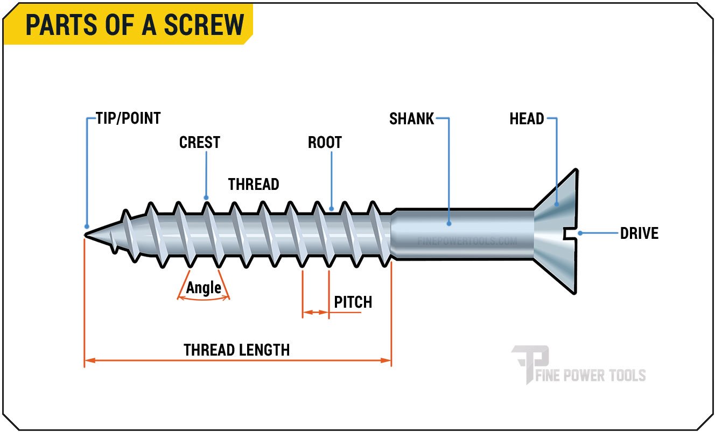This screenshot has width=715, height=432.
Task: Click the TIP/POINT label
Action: pyautogui.click(x=128, y=118)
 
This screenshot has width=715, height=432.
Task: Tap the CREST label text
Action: pyautogui.click(x=200, y=143)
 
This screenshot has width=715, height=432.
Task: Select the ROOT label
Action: pyautogui.click(x=325, y=143)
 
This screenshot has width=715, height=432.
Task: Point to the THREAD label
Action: pyautogui.click(x=254, y=185)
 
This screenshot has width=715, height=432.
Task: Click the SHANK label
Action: pyautogui.click(x=411, y=119)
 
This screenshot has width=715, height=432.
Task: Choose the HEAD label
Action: pyautogui.click(x=527, y=119)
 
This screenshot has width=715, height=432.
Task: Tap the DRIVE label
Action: pyautogui.click(x=639, y=233)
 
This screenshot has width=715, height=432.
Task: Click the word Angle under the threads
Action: pyautogui.click(x=204, y=288)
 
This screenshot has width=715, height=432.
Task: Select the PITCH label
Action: pyautogui.click(x=353, y=302)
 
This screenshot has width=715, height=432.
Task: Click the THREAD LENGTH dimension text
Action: pyautogui.click(x=237, y=350)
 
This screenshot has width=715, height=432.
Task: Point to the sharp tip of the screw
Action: pyautogui.click(x=86, y=233)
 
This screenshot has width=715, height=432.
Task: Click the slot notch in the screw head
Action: pyautogui.click(x=569, y=233)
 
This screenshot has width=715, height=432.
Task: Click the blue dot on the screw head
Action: pyautogui.click(x=557, y=203)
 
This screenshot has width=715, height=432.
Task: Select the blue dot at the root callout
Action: pyautogui.click(x=332, y=208)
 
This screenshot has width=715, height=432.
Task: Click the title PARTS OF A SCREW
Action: pyautogui.click(x=135, y=25)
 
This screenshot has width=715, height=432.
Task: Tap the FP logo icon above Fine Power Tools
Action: pyautogui.click(x=530, y=361)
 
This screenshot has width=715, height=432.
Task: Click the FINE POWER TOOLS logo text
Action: pyautogui.click(x=591, y=375)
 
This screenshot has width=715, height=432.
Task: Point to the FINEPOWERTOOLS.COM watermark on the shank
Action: pyautogui.click(x=467, y=242)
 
